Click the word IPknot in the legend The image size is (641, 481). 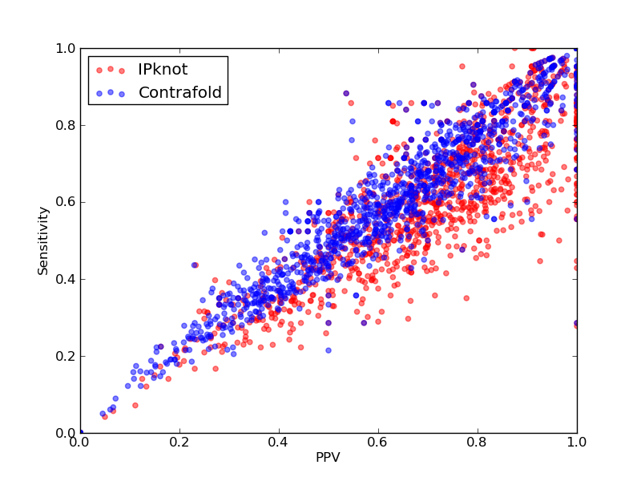(x=163, y=70)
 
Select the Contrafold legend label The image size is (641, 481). (x=179, y=92)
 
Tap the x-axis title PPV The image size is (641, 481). (x=328, y=457)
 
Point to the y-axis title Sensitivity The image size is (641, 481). (x=43, y=240)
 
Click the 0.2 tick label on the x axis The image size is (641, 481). (x=179, y=443)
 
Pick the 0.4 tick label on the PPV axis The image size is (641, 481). (x=279, y=443)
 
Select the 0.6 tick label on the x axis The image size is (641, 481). (x=378, y=443)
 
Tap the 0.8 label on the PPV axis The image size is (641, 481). (x=478, y=443)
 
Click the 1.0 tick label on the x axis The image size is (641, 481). (x=577, y=443)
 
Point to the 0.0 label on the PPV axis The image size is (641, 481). (x=80, y=443)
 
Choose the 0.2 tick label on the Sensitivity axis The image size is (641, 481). (x=66, y=356)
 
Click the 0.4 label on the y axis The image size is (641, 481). (x=66, y=279)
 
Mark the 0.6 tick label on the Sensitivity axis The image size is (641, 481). (x=66, y=203)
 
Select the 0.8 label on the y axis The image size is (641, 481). (x=66, y=125)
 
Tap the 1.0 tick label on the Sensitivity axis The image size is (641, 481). (x=66, y=48)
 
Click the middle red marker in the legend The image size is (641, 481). (x=111, y=69)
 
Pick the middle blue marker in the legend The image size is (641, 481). (x=111, y=92)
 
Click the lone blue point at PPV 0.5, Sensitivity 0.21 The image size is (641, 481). (x=329, y=350)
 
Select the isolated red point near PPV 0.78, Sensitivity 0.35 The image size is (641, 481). (x=466, y=298)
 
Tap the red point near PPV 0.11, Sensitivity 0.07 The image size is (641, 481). (x=135, y=406)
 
